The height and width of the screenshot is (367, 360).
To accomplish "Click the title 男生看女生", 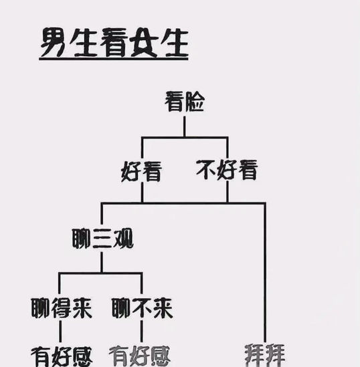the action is tap(114, 43).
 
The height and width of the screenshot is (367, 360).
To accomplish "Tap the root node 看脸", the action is tap(185, 102).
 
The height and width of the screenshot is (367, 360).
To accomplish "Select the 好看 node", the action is tap(141, 171).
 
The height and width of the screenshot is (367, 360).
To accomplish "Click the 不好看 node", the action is tap(227, 170).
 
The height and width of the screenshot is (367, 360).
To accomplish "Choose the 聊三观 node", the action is tap(102, 239).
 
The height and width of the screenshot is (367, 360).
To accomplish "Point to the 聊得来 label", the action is tap(62, 308).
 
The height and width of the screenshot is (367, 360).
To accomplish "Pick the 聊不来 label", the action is tap(143, 308).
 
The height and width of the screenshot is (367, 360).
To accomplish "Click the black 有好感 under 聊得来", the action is tap(62, 357).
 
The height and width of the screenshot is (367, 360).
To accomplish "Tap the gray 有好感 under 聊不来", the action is tap(140, 356).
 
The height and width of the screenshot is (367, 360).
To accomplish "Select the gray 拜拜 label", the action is tap(265, 355).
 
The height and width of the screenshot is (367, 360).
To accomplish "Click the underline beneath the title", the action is tap(114, 59).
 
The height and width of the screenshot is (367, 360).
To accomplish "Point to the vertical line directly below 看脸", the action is tap(185, 126).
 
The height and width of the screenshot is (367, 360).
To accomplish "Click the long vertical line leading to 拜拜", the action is tap(265, 272).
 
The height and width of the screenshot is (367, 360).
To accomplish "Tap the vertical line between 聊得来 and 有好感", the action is tap(60, 331).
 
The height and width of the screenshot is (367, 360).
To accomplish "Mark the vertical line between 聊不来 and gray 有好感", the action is tap(141, 331).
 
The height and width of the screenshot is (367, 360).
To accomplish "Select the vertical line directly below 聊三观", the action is tap(102, 262).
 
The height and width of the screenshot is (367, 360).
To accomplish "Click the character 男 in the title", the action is tap(53, 42).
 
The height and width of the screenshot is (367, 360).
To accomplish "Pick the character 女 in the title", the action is tap(145, 42).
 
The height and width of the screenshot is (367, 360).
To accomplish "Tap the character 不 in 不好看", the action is tap(206, 169).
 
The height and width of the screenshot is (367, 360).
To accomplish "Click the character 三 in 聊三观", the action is tap(102, 239).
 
